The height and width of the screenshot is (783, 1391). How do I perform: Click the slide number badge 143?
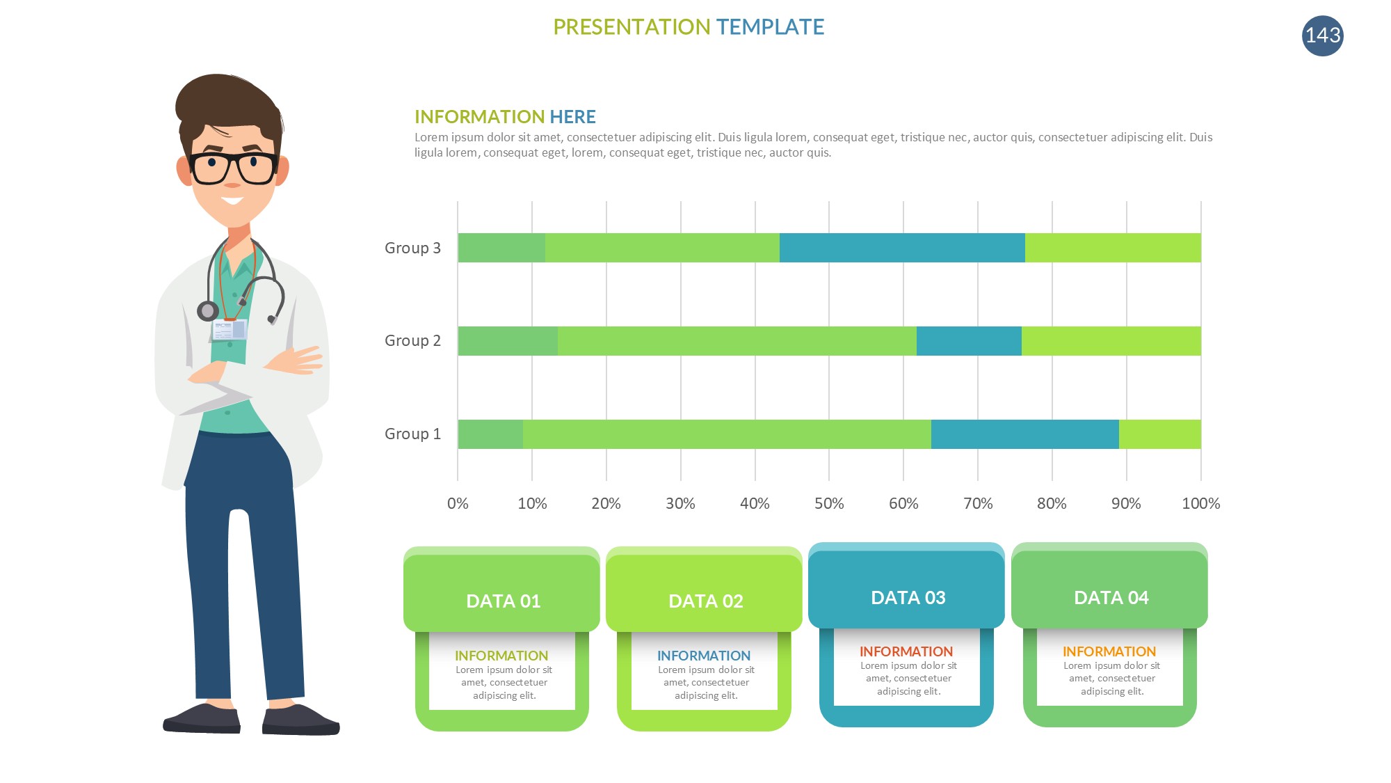(1322, 35)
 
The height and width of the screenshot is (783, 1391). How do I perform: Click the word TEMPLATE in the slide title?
(770, 27)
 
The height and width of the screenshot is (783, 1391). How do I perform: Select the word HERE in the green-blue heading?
(572, 117)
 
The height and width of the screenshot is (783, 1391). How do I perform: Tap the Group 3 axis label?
(412, 248)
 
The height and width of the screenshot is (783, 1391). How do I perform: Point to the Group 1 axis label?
(412, 434)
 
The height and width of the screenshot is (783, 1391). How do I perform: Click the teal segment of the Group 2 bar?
(969, 341)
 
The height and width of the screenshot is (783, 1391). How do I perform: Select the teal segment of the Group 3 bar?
(902, 248)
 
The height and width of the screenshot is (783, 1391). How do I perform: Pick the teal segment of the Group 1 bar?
(1025, 434)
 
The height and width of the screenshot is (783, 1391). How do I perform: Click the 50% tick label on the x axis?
(829, 503)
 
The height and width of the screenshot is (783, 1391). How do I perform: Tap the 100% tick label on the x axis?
(1201, 503)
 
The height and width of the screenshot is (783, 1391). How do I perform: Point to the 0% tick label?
(458, 503)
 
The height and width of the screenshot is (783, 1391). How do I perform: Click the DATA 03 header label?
(908, 597)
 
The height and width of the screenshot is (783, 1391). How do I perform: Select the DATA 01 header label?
(503, 601)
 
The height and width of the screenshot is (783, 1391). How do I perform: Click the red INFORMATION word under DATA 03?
(906, 651)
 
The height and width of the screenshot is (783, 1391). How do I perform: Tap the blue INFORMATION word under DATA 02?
(704, 656)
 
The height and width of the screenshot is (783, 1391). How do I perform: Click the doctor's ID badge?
(230, 329)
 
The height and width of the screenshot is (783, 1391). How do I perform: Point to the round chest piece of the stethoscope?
(207, 310)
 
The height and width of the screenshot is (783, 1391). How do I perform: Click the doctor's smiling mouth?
(232, 200)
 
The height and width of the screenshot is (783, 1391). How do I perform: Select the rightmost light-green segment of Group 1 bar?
(1160, 434)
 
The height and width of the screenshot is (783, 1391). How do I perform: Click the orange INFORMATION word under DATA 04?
(1109, 651)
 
